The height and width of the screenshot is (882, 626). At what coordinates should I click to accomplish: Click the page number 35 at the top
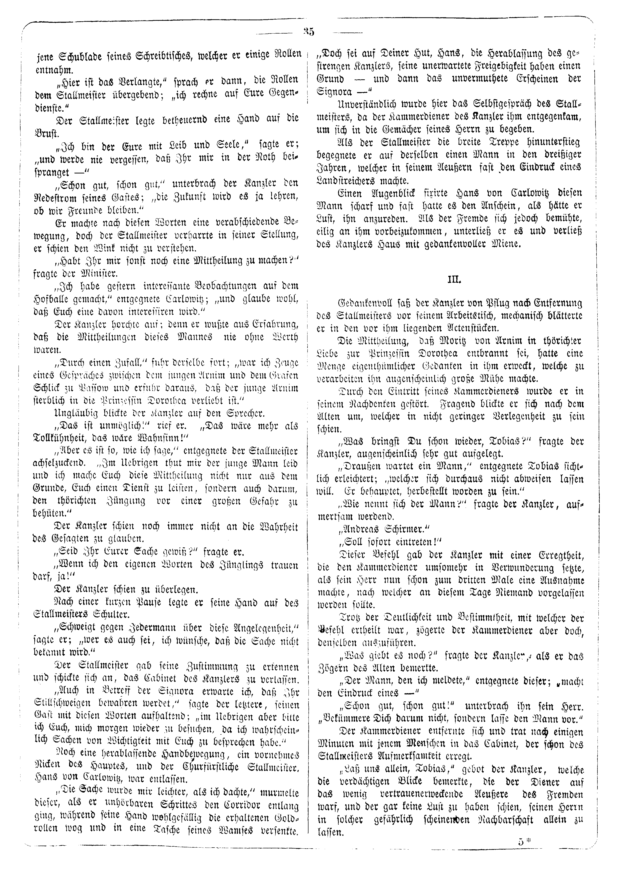coord(309,32)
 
